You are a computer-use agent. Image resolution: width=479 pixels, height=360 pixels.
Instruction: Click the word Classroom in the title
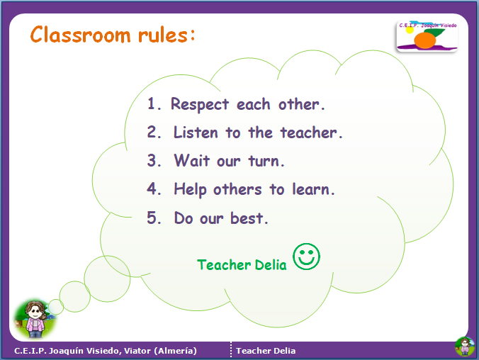point(80,34)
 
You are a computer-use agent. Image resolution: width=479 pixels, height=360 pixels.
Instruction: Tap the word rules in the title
point(163,34)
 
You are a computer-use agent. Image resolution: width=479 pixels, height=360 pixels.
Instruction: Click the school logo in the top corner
point(427,36)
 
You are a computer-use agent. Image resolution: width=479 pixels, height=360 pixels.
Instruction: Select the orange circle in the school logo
point(424,40)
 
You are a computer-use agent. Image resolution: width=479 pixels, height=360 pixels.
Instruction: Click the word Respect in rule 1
point(200,104)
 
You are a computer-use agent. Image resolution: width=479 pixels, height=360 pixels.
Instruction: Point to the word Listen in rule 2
point(196,133)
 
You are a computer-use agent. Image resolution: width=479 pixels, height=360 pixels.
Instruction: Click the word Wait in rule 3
point(192,160)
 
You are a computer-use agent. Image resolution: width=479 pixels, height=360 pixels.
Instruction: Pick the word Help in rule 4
point(190,189)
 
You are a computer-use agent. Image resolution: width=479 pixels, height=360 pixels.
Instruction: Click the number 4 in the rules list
point(152,189)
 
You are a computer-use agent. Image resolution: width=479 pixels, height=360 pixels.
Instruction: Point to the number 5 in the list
point(152,218)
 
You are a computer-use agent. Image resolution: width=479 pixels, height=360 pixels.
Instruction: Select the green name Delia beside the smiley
point(271,264)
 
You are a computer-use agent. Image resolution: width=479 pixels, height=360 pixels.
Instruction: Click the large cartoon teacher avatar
point(35,319)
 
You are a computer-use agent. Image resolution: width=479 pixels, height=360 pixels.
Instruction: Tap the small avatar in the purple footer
point(465,347)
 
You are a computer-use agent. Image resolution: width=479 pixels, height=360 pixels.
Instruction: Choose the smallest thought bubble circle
point(56,307)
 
